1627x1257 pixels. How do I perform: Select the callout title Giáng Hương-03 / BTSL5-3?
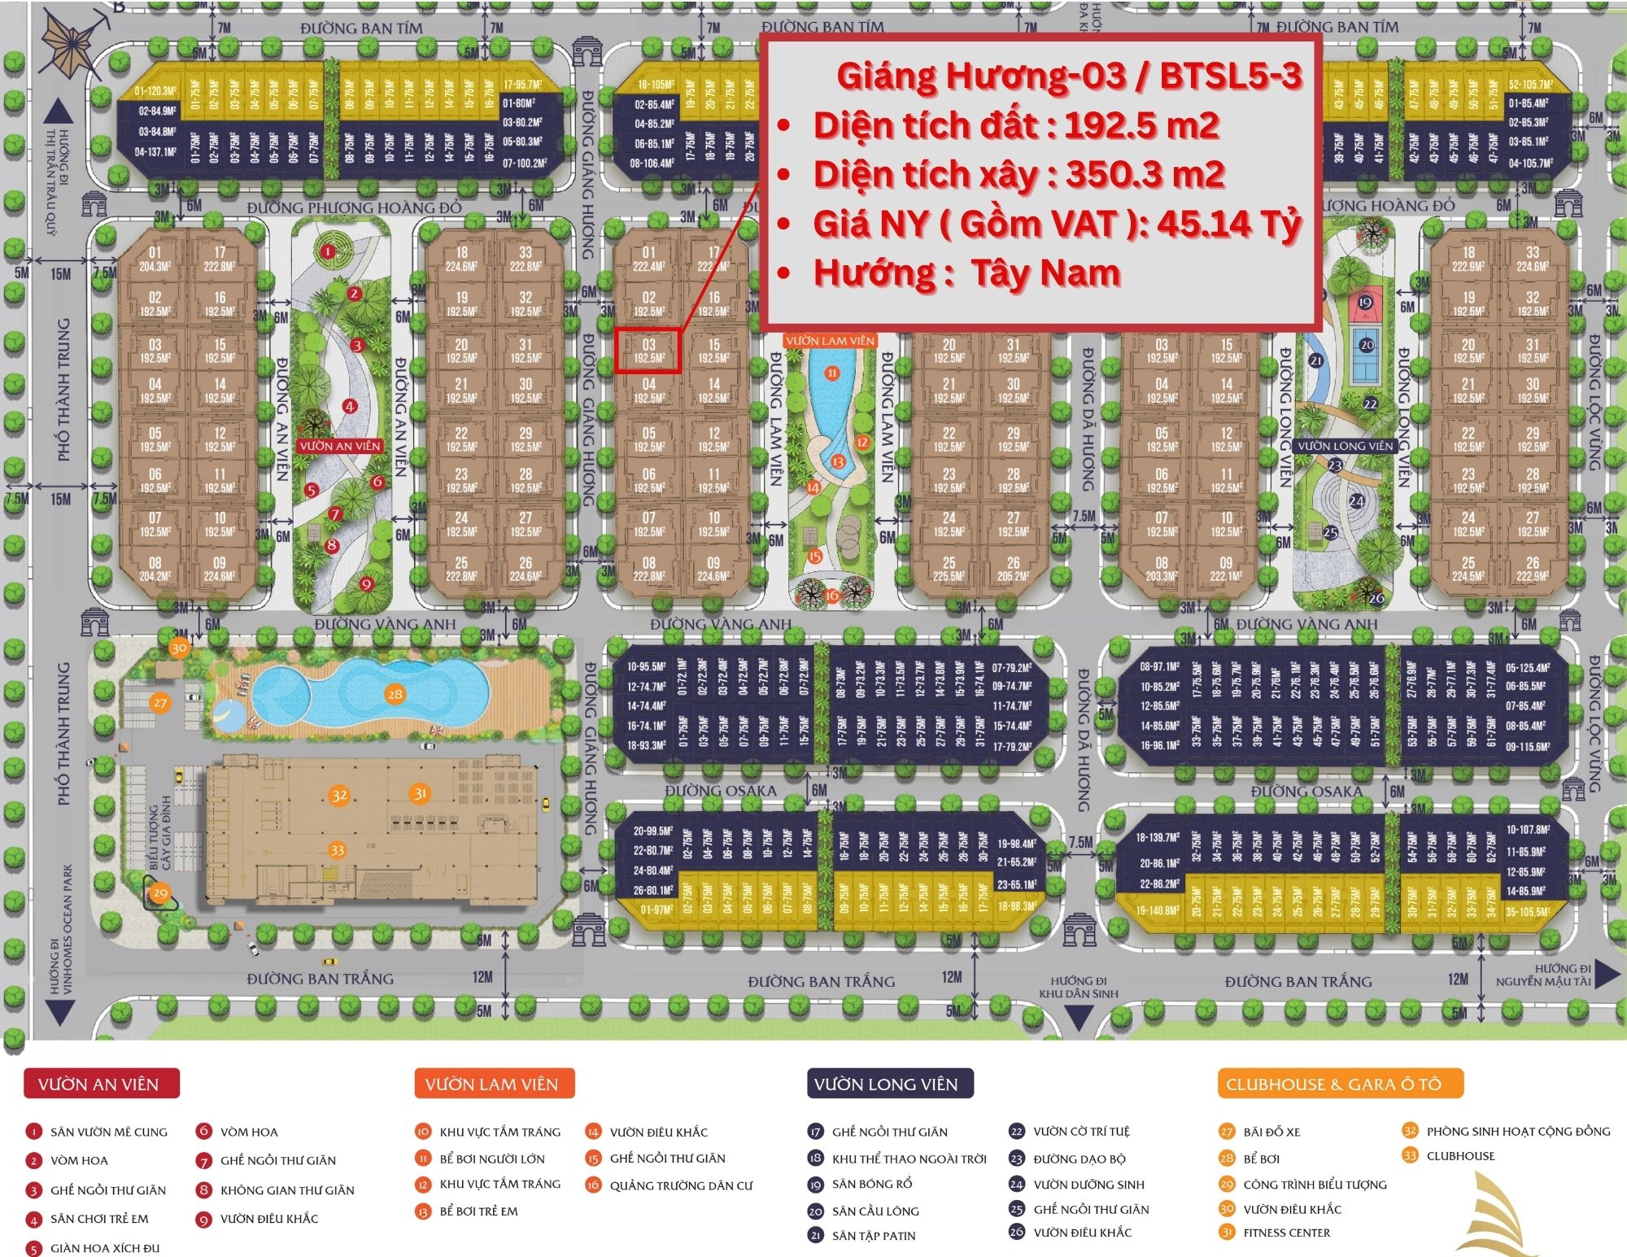point(1069,76)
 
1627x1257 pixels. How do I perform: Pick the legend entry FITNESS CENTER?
point(1286,1233)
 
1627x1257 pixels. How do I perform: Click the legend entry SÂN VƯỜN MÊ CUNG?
point(108,1132)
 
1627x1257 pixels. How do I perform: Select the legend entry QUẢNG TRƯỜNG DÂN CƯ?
point(681,1185)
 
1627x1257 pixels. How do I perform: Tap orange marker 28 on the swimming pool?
point(395,694)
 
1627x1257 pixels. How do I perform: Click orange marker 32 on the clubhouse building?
point(339,796)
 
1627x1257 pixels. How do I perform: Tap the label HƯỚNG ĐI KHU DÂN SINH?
point(1078,987)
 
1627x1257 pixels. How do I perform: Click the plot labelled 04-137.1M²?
point(156,151)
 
